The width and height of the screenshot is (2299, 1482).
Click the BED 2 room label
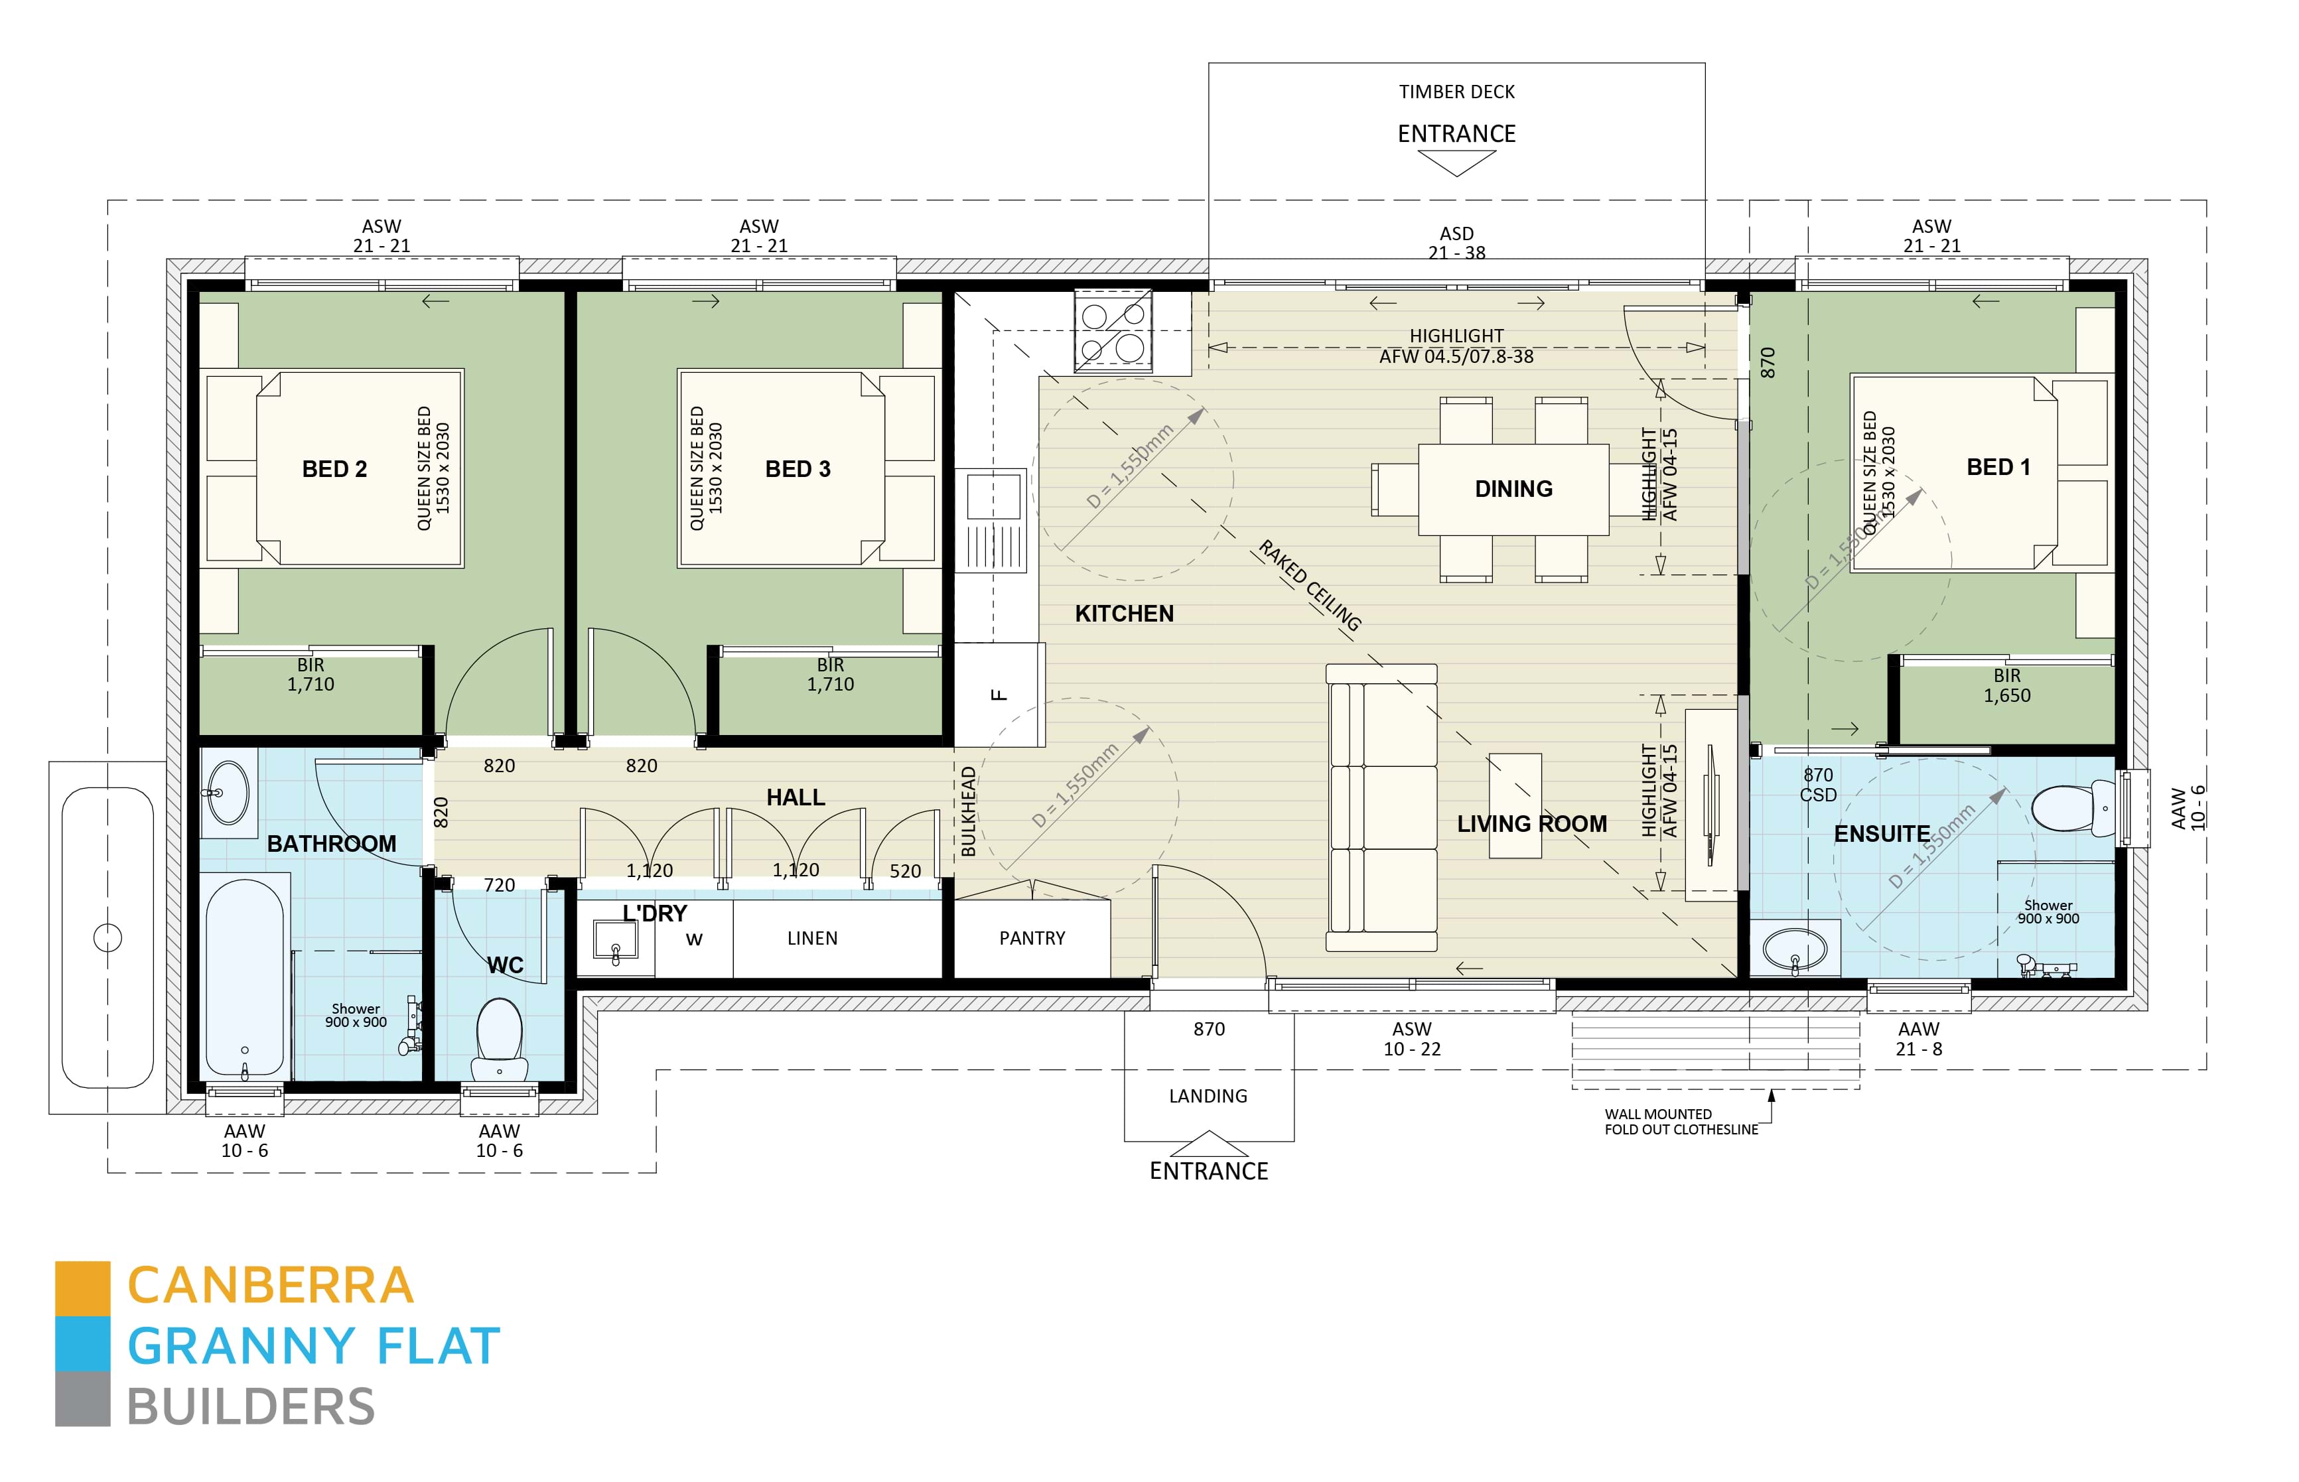point(334,468)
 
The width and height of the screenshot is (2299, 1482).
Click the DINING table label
point(1513,489)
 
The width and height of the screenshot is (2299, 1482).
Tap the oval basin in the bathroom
point(228,793)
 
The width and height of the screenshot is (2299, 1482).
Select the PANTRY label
point(1032,938)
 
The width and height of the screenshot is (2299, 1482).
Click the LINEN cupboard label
point(811,938)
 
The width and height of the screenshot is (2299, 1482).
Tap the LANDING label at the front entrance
point(1208,1096)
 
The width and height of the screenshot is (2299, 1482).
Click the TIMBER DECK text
point(1456,92)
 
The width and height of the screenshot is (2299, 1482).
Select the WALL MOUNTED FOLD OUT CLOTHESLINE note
point(1679,1122)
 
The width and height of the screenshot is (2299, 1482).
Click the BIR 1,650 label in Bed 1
point(2006,686)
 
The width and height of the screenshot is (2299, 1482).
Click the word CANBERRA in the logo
point(271,1286)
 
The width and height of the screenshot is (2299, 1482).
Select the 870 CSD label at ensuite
point(1818,784)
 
